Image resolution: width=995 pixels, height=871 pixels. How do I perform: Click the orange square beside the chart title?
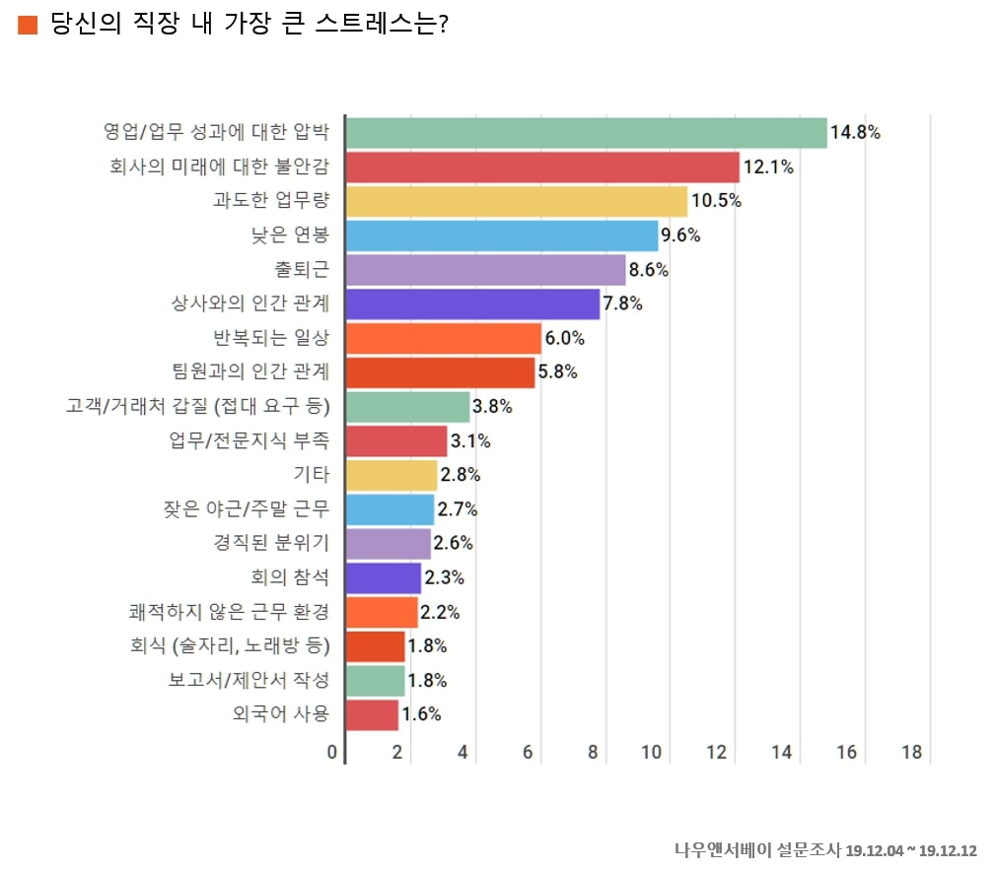coord(28,25)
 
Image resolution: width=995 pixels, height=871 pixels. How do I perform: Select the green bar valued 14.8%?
coord(587,133)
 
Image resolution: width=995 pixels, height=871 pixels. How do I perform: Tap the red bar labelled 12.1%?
coord(542,167)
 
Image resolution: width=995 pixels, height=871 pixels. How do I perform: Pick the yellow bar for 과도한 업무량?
coord(517,201)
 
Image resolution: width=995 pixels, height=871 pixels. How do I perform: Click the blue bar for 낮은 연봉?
coord(502,235)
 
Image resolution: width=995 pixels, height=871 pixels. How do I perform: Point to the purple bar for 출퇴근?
coord(485,270)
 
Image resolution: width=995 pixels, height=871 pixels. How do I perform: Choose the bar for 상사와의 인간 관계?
coord(472,304)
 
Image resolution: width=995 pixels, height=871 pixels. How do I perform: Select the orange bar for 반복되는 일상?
coord(444,339)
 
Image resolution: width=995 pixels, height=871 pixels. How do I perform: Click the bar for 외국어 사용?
coord(373,715)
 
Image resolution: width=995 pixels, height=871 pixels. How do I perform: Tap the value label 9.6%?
coord(680,235)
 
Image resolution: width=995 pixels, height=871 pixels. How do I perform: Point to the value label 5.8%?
coord(557,372)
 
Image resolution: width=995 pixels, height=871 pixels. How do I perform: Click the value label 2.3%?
coord(444,578)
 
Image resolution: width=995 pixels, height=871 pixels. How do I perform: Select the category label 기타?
coord(311,475)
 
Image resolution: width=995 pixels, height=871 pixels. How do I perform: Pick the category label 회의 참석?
coord(290,577)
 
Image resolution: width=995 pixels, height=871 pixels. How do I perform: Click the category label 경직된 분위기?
coord(271,543)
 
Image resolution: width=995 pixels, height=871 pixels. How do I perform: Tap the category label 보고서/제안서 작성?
coord(249,680)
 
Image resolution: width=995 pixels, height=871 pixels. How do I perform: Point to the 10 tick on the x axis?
coord(651,753)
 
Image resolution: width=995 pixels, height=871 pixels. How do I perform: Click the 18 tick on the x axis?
coord(911,753)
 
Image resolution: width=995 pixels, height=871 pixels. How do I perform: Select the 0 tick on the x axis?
coord(332,753)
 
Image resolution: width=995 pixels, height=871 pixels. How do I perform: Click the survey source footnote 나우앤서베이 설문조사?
coord(757,850)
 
